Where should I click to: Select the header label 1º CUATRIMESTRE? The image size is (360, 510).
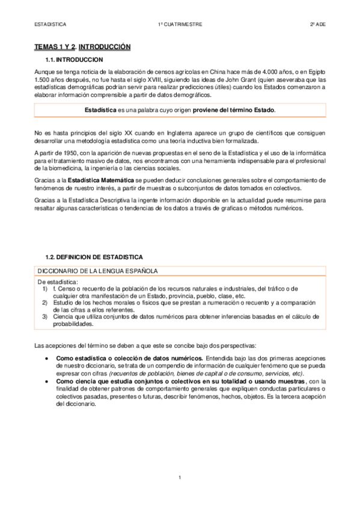point(180,25)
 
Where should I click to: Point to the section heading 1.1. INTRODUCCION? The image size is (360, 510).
point(74,60)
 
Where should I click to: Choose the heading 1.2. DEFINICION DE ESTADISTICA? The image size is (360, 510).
point(94,257)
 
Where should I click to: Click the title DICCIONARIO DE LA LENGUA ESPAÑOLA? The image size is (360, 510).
point(97,271)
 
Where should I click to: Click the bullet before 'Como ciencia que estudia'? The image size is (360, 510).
point(47,381)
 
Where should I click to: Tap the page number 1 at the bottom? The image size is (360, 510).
point(180,478)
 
